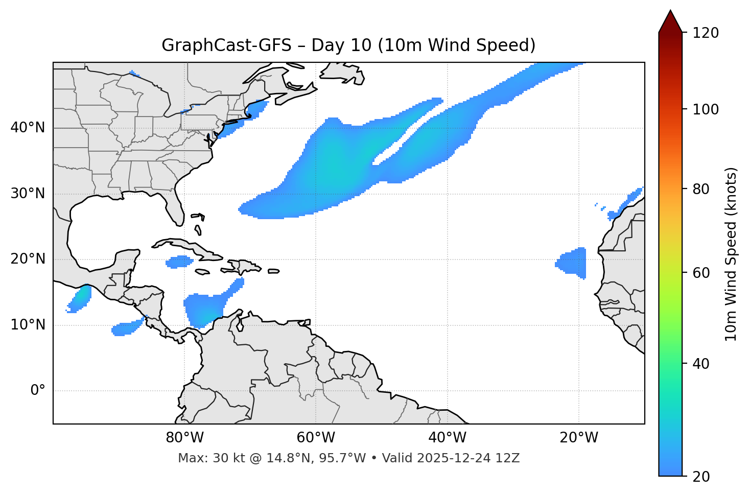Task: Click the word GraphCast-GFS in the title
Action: click(226, 45)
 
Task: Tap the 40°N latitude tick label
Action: click(28, 128)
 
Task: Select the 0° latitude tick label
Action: click(38, 391)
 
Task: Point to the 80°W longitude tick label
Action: click(184, 438)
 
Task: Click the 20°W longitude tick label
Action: click(579, 438)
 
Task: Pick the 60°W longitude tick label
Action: click(316, 438)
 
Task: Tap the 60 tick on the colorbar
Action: click(701, 273)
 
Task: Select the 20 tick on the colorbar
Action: click(701, 477)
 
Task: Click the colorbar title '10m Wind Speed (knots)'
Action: click(731, 254)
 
